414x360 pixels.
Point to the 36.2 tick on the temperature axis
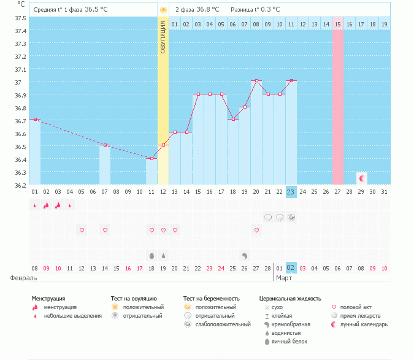coord(20,185)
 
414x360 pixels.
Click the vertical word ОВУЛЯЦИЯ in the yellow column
coord(163,36)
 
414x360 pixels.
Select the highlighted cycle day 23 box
coord(291,192)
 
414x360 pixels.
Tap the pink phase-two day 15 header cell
coord(338,24)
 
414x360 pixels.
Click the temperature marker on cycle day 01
coord(35,119)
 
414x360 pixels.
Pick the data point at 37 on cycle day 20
coord(256,80)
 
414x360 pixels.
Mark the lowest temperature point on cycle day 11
coord(151,158)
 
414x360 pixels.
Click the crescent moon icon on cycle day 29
coord(362,178)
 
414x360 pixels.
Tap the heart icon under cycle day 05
coord(82,230)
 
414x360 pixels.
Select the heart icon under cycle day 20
coord(256,230)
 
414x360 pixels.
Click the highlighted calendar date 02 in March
coord(291,268)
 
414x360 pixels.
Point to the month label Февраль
coord(23,278)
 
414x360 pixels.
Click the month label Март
coord(284,278)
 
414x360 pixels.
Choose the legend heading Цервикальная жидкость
coord(290,299)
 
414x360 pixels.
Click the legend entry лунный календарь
coord(360,324)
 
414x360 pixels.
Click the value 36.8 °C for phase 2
coord(209,10)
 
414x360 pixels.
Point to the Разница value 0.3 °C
coord(269,10)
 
